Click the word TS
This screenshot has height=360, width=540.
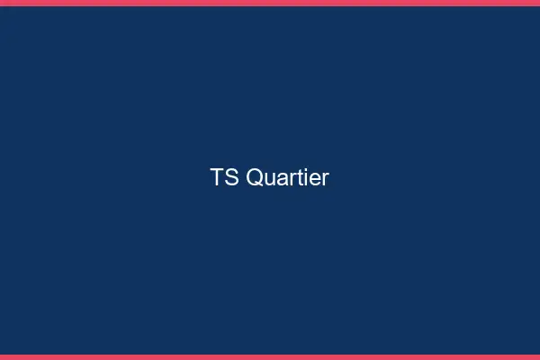click(x=225, y=178)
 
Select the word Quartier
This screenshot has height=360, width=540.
click(x=287, y=178)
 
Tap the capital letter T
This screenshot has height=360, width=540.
click(x=218, y=178)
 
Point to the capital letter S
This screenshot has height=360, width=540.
click(x=231, y=178)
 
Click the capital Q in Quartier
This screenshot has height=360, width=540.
click(x=254, y=178)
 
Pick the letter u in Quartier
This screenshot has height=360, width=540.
click(x=269, y=180)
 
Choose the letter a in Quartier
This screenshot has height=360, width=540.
click(x=281, y=180)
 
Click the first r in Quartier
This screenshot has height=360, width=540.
click(x=290, y=180)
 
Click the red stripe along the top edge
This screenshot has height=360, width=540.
click(x=270, y=3)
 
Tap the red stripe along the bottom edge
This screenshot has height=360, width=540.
click(x=270, y=357)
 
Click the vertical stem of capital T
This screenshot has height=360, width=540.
click(x=218, y=180)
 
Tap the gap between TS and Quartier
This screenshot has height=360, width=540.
click(x=242, y=178)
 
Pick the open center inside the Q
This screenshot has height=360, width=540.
click(x=254, y=177)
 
